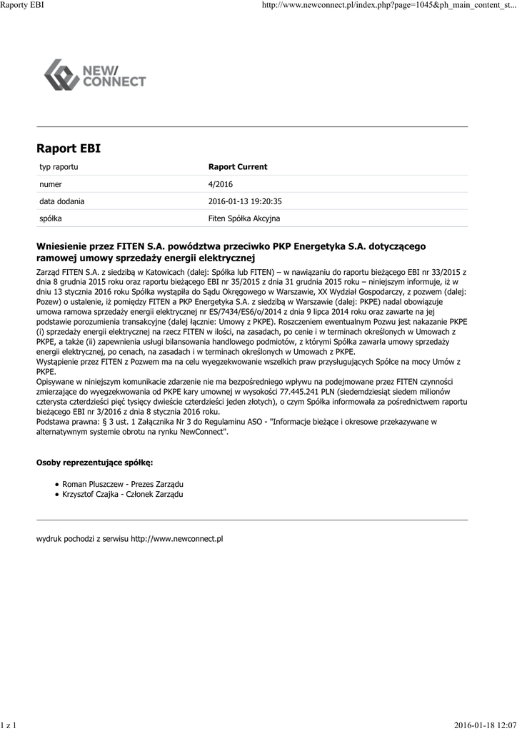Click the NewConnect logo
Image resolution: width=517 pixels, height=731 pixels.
(x=95, y=75)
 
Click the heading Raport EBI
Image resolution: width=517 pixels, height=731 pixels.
(x=69, y=148)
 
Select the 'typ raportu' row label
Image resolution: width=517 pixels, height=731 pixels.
(x=59, y=167)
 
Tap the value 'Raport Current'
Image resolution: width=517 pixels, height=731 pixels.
(x=238, y=167)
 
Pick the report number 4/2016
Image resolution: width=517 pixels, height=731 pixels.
(x=221, y=184)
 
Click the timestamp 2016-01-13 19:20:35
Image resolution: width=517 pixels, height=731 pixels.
(x=245, y=201)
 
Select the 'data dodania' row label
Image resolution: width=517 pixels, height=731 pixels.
(x=61, y=201)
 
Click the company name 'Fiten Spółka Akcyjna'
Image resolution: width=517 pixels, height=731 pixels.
(x=244, y=218)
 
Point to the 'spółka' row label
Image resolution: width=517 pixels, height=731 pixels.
(x=50, y=218)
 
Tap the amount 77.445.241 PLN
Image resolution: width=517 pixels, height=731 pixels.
(x=298, y=392)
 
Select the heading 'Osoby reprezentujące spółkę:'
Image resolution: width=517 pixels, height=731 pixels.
(x=94, y=463)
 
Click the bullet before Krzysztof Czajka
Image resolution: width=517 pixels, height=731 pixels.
(x=56, y=494)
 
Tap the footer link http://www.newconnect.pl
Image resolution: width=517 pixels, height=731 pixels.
(x=176, y=539)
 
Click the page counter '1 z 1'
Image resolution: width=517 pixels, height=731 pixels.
(x=9, y=725)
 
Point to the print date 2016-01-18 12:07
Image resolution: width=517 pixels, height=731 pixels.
(x=485, y=725)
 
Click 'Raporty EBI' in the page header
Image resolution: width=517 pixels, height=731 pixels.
(x=23, y=5)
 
